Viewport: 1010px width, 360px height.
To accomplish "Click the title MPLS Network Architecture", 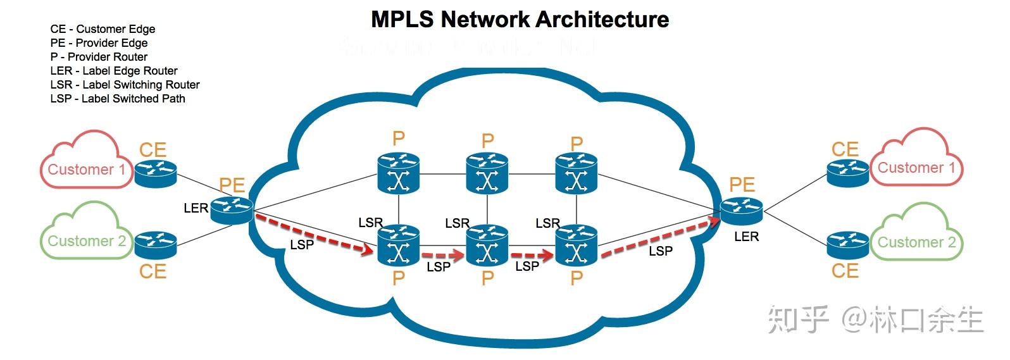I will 520,20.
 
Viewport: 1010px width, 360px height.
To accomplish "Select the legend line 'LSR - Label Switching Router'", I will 125,85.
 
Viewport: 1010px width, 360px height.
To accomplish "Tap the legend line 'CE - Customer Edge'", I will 103,29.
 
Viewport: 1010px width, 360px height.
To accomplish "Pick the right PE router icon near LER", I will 741,209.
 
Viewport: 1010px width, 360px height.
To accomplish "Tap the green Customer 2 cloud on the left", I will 84,235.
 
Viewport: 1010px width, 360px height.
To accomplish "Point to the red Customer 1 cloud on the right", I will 916,161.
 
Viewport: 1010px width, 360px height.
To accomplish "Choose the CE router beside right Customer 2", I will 847,244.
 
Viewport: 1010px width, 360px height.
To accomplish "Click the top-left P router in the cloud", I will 399,174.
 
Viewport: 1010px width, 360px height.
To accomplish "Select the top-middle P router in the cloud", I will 487,174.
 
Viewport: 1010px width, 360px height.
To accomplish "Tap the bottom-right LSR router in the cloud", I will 577,246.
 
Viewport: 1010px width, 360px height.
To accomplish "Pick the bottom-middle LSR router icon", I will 487,246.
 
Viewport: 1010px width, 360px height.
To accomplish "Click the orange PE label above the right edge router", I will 742,185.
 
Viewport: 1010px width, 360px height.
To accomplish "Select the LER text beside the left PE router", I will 196,208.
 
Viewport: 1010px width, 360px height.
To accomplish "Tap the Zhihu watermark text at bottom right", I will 876,320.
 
